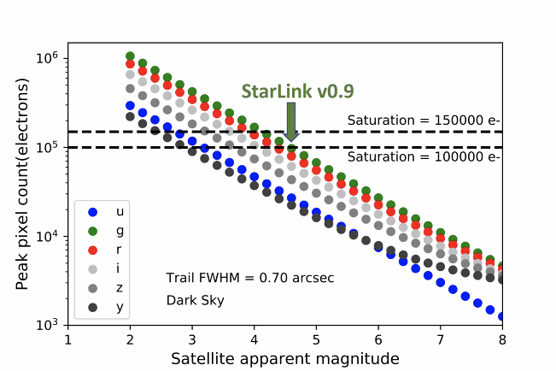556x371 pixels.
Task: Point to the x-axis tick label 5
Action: click(x=316, y=339)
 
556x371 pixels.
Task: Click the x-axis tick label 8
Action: click(x=501, y=339)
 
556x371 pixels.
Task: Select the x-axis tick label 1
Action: click(x=68, y=339)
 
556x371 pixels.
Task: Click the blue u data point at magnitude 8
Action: click(x=501, y=316)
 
